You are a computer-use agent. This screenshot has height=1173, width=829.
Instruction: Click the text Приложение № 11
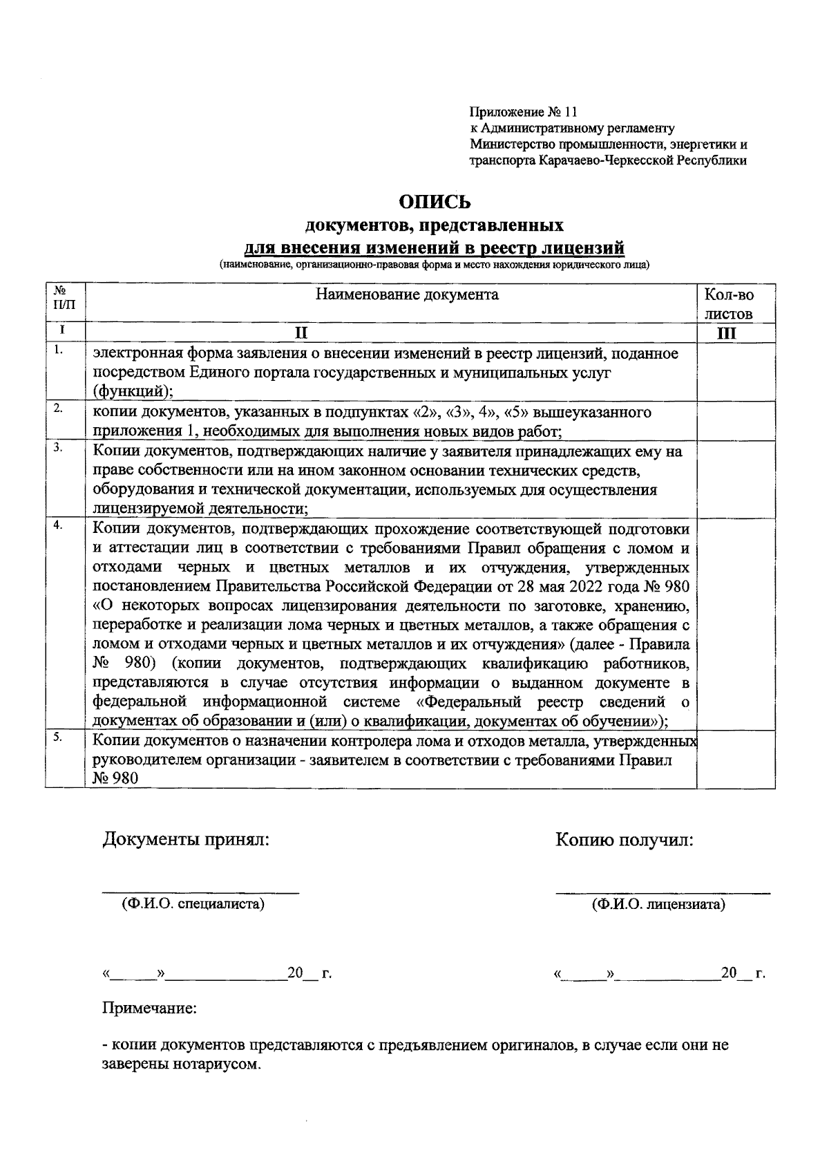coord(522,112)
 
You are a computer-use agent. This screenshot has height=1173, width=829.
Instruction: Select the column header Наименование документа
coord(407,295)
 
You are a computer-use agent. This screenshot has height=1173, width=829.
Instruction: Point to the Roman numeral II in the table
coord(300,333)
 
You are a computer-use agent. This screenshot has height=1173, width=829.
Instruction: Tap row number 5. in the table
coord(60,738)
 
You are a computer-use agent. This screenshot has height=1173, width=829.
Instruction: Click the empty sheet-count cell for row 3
coord(735,478)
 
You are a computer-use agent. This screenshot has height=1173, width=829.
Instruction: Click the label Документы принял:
coord(184,840)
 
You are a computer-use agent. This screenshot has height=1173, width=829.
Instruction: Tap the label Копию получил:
coord(624,840)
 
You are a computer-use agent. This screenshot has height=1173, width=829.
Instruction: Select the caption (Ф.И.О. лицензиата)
coord(658,904)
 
